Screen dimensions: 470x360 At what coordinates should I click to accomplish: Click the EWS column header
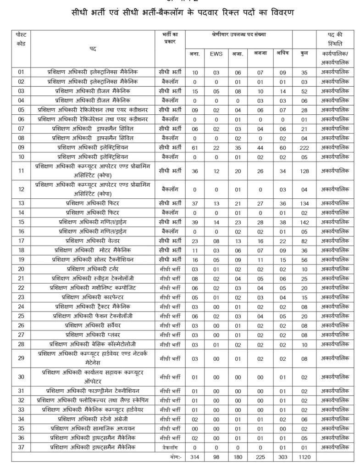click(x=216, y=54)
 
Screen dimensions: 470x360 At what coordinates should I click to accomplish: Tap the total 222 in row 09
click(x=304, y=147)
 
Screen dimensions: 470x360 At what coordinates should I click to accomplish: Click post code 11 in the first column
click(x=21, y=171)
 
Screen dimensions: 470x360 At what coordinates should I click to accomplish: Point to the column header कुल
click(x=304, y=54)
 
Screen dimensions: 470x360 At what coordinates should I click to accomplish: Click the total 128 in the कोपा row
click(x=304, y=171)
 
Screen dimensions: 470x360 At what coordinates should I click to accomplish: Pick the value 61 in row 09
click(x=195, y=147)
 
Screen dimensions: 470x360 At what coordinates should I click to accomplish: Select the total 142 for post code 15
click(x=304, y=222)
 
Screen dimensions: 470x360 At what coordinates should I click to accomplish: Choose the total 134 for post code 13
click(x=304, y=203)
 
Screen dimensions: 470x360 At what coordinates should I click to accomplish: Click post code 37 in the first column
click(x=21, y=447)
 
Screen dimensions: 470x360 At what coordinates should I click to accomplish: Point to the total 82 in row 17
click(x=304, y=241)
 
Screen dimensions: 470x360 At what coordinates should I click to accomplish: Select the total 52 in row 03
click(x=304, y=91)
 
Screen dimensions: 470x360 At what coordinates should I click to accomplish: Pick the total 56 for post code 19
click(x=304, y=259)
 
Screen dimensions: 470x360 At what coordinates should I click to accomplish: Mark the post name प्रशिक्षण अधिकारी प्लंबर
click(x=96, y=335)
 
